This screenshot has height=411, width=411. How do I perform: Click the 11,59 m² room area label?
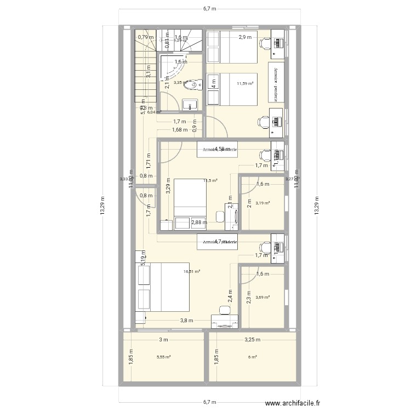(244, 84)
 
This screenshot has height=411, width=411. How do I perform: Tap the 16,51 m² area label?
(192, 271)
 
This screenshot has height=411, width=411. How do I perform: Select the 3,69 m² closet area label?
(264, 297)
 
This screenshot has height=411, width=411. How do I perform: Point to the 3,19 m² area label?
(264, 203)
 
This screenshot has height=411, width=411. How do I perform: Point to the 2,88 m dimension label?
(199, 222)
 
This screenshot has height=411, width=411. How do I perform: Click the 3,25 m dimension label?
(253, 340)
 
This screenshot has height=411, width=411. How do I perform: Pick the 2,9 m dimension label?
(244, 37)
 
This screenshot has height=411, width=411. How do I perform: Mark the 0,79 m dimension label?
(145, 37)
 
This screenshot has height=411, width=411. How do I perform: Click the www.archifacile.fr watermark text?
(294, 404)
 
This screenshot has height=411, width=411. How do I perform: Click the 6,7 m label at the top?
(209, 9)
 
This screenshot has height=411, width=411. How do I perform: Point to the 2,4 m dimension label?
(230, 296)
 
